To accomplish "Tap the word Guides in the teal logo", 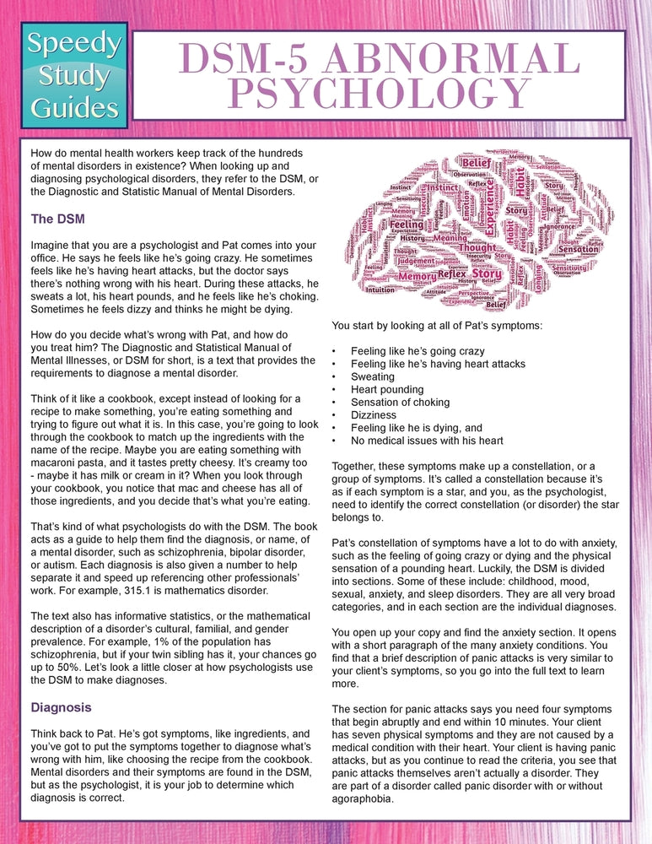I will point(75,107).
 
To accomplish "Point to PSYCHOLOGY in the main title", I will point(377,94).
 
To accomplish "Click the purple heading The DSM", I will point(57,219).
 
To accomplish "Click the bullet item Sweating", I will point(373,376).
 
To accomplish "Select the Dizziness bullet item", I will point(374,415).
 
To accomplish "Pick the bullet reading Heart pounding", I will point(387,389).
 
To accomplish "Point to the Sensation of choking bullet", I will point(401,403).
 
